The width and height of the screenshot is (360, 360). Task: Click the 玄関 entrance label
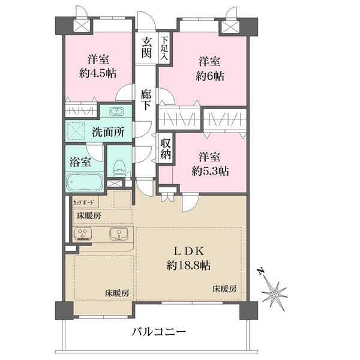pos(146,47)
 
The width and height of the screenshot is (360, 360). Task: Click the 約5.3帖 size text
pos(209,163)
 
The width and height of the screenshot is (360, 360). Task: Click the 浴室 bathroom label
pos(80,161)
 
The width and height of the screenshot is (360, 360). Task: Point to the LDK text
pos(189,251)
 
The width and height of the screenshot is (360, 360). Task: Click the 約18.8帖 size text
pos(189,265)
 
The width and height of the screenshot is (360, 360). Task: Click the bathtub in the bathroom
pos(84,181)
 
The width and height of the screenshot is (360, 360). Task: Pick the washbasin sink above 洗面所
pos(116,112)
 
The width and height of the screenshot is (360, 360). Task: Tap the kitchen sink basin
pos(118,235)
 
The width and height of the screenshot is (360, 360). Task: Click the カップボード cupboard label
pos(83,202)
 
